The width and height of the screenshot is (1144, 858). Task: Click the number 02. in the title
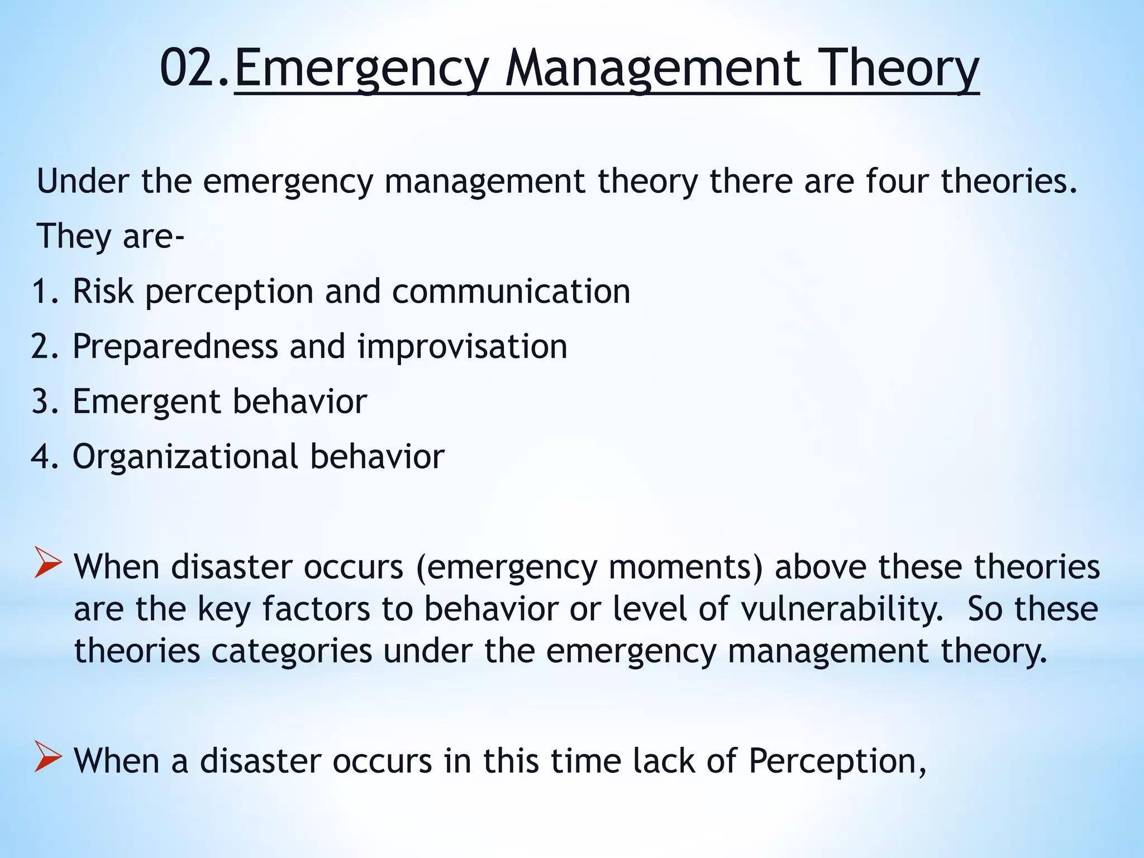coord(194,68)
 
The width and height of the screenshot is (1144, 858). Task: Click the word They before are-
coord(73,236)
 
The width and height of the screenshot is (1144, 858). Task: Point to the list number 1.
coord(45,291)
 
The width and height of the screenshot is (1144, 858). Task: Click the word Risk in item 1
coord(103,291)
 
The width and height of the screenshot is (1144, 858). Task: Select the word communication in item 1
coord(511,291)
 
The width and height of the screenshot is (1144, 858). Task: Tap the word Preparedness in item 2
coord(175,346)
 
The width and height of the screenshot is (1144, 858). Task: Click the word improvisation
coord(462,346)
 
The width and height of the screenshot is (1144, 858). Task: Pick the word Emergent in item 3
coord(146,401)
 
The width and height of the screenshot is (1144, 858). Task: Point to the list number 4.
coord(45,456)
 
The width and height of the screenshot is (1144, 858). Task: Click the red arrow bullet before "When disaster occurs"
coord(47,563)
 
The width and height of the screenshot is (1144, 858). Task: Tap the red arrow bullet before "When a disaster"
coord(47,757)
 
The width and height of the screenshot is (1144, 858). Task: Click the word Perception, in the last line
coord(837,761)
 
